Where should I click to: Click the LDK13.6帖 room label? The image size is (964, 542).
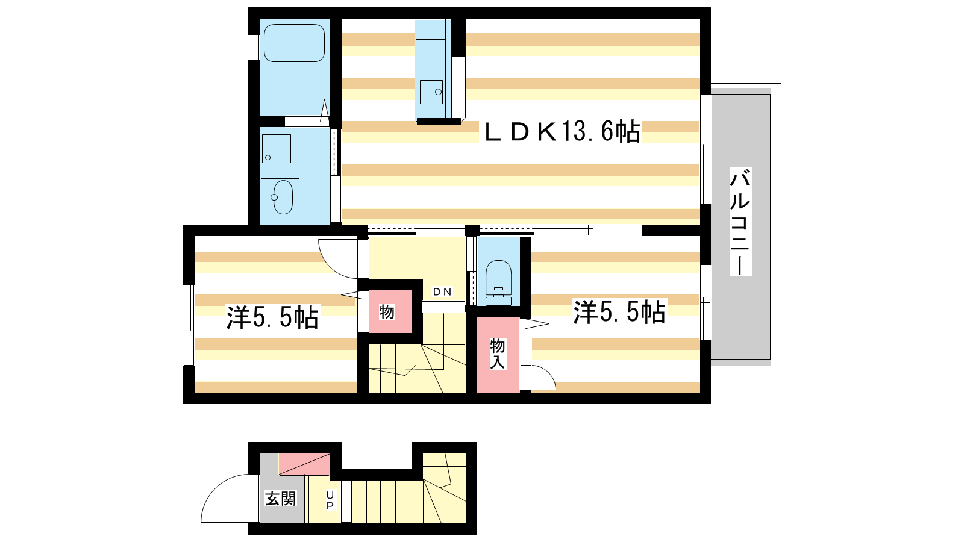pos(562,132)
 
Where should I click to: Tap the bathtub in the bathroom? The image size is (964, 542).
pos(294,43)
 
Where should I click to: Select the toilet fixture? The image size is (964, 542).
pos(498,282)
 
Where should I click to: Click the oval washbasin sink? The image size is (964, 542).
pos(283,197)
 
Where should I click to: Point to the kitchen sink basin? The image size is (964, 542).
pos(431,92)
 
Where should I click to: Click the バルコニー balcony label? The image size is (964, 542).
pos(740,222)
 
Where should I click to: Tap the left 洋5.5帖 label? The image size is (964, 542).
pos(272,317)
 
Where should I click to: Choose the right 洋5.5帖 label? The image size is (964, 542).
pos(619,312)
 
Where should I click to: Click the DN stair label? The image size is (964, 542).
pos(442,292)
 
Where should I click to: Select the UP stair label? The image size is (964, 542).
pos(330,500)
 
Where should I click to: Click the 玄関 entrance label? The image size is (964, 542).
pos(281,499)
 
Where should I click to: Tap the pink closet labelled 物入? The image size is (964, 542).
pos(498,355)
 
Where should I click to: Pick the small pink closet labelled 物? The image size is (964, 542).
pos(390,311)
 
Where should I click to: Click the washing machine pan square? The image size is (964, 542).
pos(277,149)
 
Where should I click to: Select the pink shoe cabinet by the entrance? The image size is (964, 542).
pos(305,464)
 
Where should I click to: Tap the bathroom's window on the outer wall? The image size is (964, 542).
pos(254,48)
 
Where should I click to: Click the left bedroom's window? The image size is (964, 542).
pos(189,325)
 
